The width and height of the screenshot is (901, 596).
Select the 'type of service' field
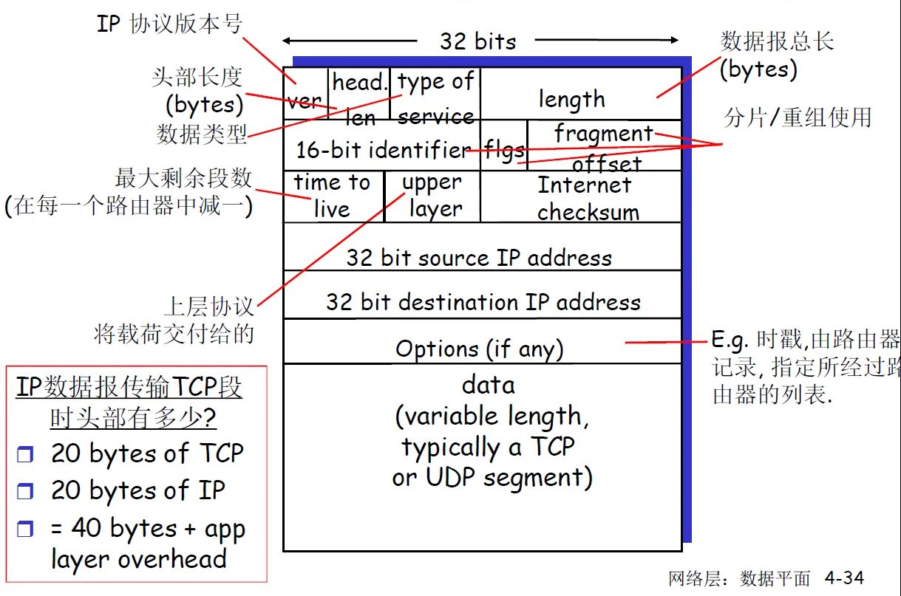(435, 95)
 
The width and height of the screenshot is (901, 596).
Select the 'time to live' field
(333, 196)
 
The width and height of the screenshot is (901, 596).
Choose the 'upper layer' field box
(432, 196)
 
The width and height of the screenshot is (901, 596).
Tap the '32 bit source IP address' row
(480, 257)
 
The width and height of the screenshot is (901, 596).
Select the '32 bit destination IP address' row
(483, 301)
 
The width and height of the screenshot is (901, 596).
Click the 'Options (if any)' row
(480, 348)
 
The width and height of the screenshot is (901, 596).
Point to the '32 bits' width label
(478, 41)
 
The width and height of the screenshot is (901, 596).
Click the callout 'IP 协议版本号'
(169, 24)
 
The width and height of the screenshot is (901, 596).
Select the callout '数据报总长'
(777, 41)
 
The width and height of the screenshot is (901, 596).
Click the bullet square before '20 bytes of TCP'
(26, 454)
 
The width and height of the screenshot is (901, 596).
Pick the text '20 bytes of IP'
(137, 490)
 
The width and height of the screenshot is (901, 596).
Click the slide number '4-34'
(844, 578)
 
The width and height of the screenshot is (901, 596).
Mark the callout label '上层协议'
(209, 306)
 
